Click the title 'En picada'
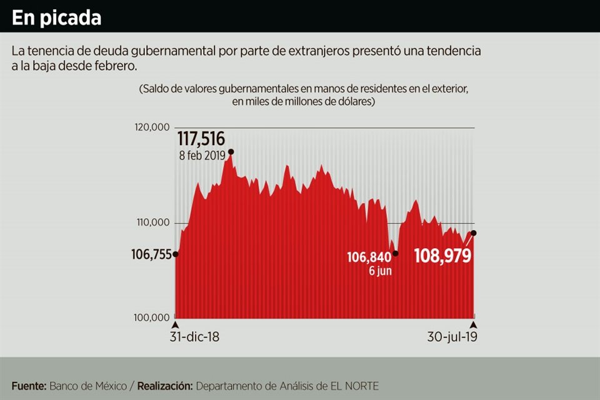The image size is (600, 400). pyautogui.click(x=56, y=17)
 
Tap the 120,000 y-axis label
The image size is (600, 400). pyautogui.click(x=152, y=127)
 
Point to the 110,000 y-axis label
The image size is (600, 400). pyautogui.click(x=152, y=223)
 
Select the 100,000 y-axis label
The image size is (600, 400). pyautogui.click(x=152, y=318)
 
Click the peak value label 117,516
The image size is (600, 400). pyautogui.click(x=201, y=138)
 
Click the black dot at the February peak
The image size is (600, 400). pyautogui.click(x=231, y=152)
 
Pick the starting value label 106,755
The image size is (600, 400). pyautogui.click(x=151, y=254)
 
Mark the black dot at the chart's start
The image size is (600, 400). pyautogui.click(x=176, y=254)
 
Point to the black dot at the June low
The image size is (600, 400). pyautogui.click(x=396, y=254)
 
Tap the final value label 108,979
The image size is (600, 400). pyautogui.click(x=443, y=256)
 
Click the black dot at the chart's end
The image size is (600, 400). pyautogui.click(x=474, y=233)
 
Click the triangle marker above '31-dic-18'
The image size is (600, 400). pyautogui.click(x=176, y=325)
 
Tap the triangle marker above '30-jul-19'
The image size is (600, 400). pyautogui.click(x=474, y=325)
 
